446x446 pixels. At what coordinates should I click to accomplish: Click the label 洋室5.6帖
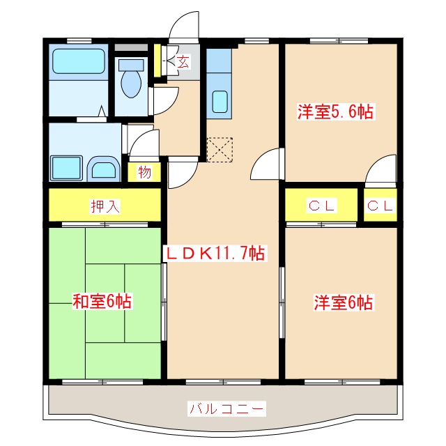[x=336, y=112]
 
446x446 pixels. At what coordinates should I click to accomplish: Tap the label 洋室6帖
[x=342, y=302]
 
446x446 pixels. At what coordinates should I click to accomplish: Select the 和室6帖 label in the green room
[x=102, y=301]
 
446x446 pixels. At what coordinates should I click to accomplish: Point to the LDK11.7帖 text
[x=214, y=254]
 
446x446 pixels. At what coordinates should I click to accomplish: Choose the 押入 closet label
[x=105, y=206]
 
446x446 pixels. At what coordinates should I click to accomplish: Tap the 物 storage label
[x=144, y=172]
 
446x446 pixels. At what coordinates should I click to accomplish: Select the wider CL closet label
[x=323, y=206]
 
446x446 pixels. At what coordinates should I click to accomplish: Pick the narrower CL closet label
[x=380, y=206]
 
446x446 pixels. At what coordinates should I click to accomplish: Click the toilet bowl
[x=130, y=81]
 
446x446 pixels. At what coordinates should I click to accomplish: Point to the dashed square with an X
[x=220, y=149]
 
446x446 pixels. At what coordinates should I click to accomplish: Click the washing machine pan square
[x=68, y=168]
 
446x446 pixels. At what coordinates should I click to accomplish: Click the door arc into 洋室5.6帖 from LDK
[x=266, y=164]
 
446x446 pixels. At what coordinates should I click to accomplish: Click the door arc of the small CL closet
[x=380, y=171]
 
